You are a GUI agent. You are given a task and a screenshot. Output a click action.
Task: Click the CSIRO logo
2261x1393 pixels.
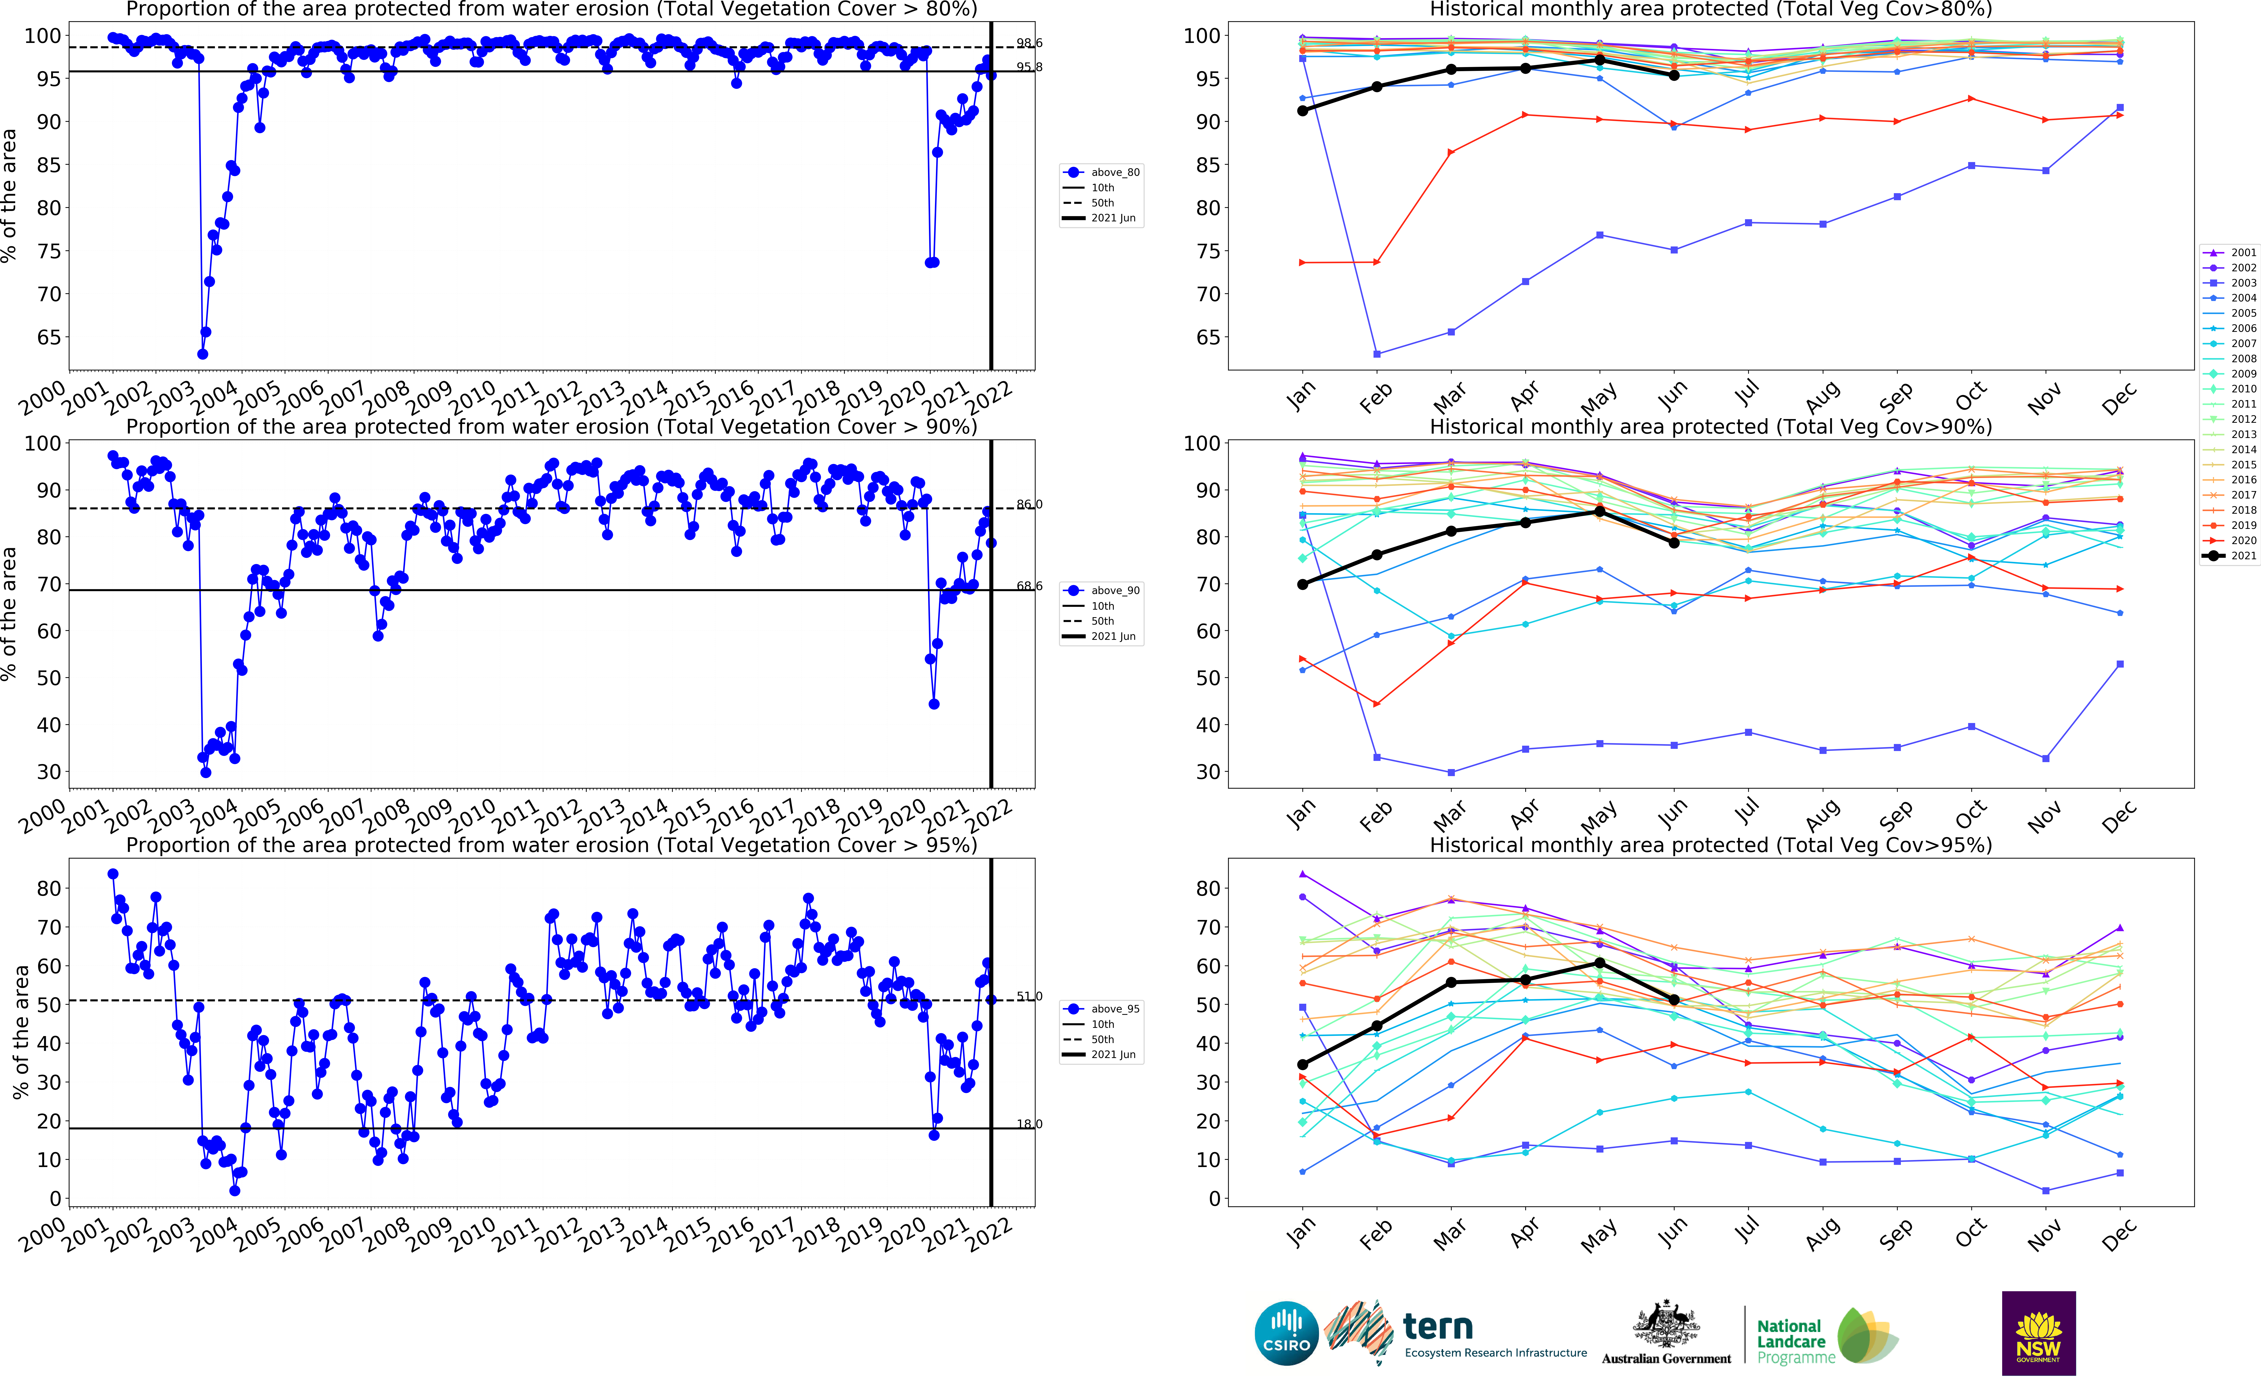click(1286, 1333)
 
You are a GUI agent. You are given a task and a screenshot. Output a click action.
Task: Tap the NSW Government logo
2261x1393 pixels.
click(2038, 1333)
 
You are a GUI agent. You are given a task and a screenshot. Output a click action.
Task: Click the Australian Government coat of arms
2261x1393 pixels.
click(1666, 1325)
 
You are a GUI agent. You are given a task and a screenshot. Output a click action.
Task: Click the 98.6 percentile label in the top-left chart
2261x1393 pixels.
click(1029, 43)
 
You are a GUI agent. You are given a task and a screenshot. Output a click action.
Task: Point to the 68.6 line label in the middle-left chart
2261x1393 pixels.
click(1029, 586)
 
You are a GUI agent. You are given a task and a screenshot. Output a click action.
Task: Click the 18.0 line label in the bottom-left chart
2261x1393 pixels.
click(1029, 1124)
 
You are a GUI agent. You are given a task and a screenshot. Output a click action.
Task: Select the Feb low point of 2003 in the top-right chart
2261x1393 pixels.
click(1376, 354)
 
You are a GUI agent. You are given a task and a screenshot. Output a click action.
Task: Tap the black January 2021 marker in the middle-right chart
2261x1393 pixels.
click(1303, 584)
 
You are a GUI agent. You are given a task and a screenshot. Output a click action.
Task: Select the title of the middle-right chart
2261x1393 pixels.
click(1710, 427)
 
